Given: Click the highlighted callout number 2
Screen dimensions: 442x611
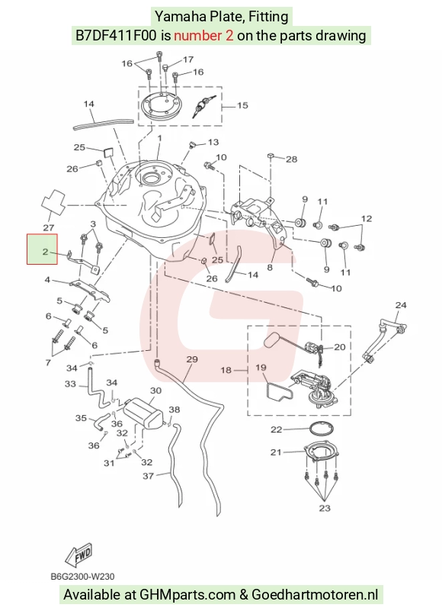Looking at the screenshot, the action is pos(45,252).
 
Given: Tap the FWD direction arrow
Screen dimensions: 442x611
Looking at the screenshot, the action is pos(78,555).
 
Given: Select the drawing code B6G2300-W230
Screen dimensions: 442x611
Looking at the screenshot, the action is pos(82,577).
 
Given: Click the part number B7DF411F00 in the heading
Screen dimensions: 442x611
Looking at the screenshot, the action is pos(116,35).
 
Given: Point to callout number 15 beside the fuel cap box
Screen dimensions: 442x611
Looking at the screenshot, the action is pos(242,105).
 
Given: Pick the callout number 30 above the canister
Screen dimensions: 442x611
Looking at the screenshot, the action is pos(155,391).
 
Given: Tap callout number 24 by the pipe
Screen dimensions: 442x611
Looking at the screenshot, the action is pos(401,305).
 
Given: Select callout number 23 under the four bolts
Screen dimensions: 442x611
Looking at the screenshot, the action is pos(325,508).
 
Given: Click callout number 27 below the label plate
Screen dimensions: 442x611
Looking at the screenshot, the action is pos(48,227).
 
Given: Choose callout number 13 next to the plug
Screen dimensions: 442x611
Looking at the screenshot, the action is pos(213,142).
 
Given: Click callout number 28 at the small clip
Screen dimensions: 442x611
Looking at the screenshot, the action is pos(291,159).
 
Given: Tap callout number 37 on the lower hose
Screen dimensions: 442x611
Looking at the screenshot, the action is pos(148,476).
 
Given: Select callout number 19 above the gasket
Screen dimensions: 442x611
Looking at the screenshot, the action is pos(261,368).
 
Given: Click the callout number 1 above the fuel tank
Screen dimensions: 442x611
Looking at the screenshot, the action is pos(159,138).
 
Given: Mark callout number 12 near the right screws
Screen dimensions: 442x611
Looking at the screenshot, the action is pos(367,219).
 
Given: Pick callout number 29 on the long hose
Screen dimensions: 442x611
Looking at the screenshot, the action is pos(192,359).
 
